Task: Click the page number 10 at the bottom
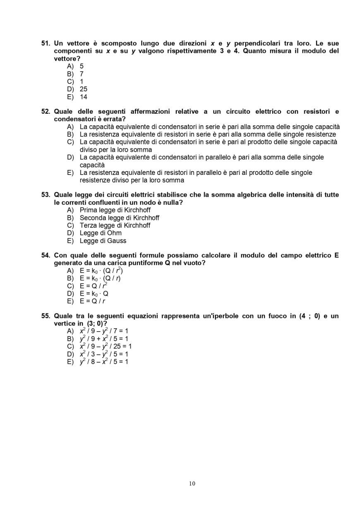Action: (x=192, y=483)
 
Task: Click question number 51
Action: (x=46, y=43)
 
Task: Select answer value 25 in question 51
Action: (x=83, y=89)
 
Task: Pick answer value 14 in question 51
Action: (x=83, y=97)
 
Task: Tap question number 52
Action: (x=46, y=112)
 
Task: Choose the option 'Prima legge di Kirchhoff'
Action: (x=115, y=210)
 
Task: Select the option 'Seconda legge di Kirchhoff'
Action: (x=119, y=217)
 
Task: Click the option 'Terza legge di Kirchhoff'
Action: (x=115, y=225)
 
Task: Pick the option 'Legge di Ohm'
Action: (x=101, y=233)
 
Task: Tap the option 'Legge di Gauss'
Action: (x=103, y=241)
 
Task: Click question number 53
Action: (x=46, y=195)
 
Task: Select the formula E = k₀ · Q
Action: (x=94, y=294)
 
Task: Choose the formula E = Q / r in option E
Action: (x=92, y=301)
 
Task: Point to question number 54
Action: (x=46, y=256)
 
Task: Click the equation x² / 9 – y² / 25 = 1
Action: (x=105, y=347)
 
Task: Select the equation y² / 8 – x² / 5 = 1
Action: (x=103, y=362)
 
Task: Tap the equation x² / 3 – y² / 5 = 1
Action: (x=103, y=354)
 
